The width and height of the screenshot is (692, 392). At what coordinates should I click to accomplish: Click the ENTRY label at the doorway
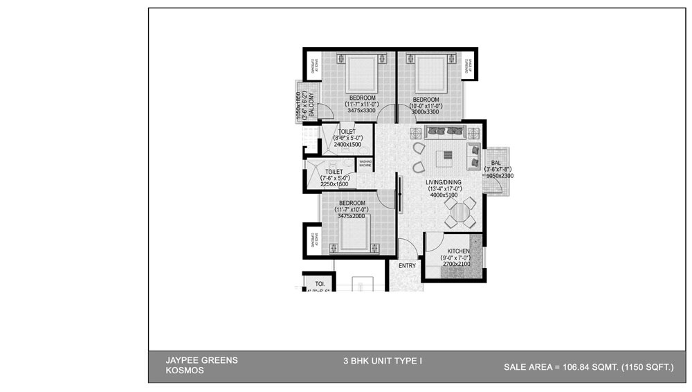[408, 265]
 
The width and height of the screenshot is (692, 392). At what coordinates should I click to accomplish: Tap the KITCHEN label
[458, 251]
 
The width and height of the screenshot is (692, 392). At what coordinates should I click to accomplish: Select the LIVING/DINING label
[444, 181]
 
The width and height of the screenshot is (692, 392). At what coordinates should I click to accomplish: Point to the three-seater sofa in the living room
[444, 130]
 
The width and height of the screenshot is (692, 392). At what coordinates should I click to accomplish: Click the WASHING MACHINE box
[365, 163]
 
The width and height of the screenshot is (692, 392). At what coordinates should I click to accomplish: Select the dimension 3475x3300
[361, 110]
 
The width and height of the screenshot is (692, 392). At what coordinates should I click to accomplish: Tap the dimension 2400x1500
[347, 145]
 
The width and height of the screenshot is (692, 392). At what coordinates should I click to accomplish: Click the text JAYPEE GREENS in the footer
[201, 360]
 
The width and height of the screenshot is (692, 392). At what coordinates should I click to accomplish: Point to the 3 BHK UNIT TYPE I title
[383, 361]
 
